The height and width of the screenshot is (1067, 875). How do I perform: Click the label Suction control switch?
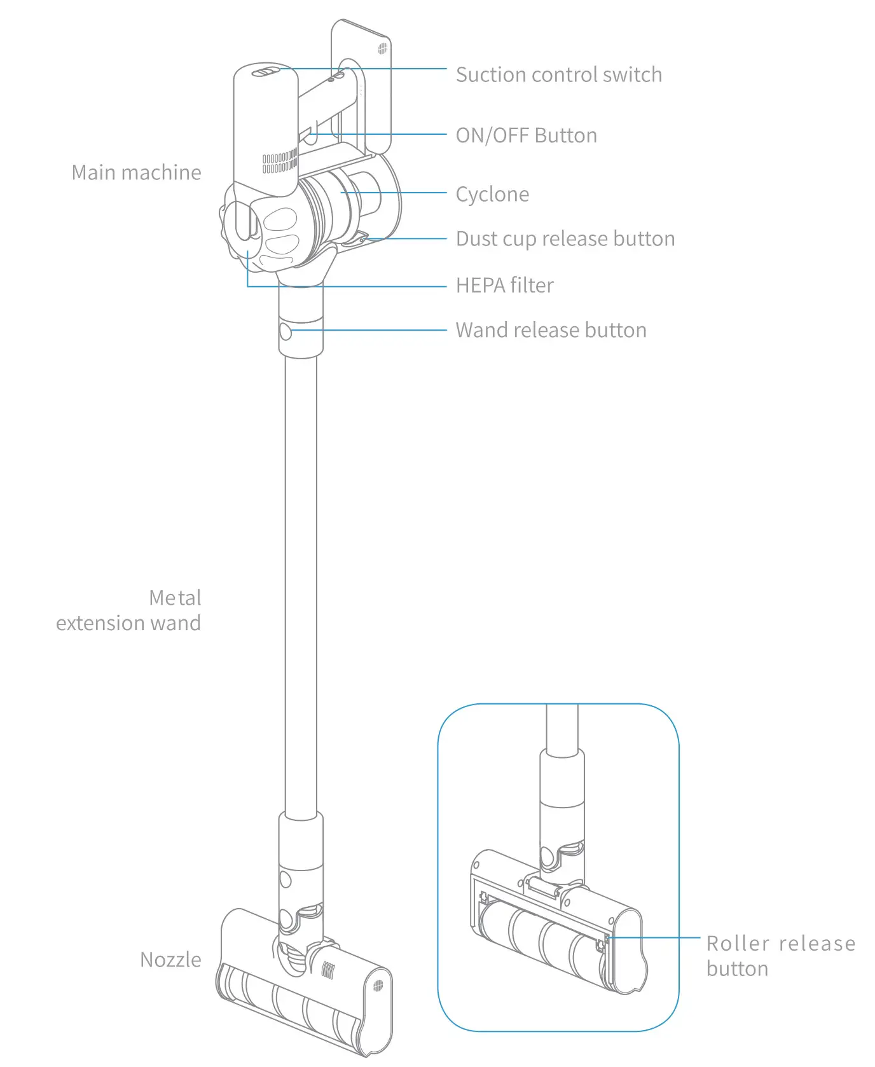coord(558,74)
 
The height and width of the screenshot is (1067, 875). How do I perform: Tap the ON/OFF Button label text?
coord(526,135)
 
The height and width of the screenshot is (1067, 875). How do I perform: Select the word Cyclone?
coord(492,194)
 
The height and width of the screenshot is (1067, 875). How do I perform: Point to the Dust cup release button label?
coord(565,238)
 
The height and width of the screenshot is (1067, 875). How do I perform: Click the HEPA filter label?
coord(504,285)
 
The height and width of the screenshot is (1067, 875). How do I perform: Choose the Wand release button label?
coord(551,330)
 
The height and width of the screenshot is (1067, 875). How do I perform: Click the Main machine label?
coord(136,172)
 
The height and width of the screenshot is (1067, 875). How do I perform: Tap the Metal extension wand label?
coord(129,610)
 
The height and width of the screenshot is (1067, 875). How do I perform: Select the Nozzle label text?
coord(170,960)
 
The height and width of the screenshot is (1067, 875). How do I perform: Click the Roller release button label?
coord(780,956)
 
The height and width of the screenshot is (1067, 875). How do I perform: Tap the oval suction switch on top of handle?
coord(266,72)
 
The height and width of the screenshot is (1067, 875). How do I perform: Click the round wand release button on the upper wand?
coord(286,331)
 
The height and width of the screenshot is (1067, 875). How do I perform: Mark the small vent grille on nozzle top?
coord(328,970)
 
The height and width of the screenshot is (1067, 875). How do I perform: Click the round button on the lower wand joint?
coord(286,880)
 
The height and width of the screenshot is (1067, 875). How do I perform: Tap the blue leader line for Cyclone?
coord(394,193)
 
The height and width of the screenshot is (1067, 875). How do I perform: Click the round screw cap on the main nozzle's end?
coord(378,986)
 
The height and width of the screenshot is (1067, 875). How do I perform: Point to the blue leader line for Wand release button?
coord(369,330)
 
